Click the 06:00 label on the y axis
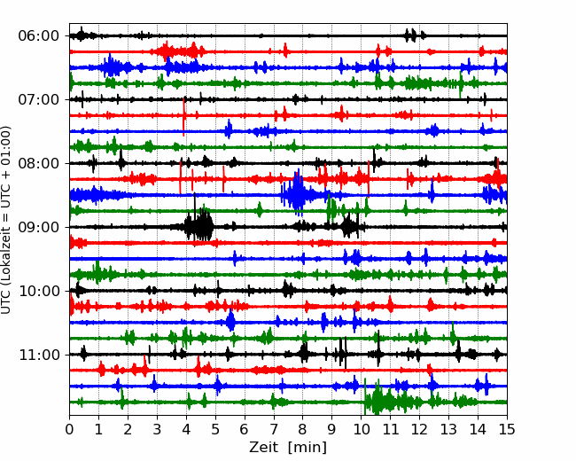38,36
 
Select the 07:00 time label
38,99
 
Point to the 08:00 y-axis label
38,163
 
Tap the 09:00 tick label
38,227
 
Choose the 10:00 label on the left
38,291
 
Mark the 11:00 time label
38,355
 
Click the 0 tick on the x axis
69,429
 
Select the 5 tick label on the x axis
215,429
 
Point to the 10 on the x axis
361,429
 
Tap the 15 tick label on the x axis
507,429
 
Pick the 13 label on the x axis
448,429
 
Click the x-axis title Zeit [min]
288,448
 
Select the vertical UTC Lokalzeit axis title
6,220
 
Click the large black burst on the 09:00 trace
198,224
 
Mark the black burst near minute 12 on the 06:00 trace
413,35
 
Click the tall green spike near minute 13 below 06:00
461,85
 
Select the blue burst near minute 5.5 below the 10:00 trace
230,321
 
